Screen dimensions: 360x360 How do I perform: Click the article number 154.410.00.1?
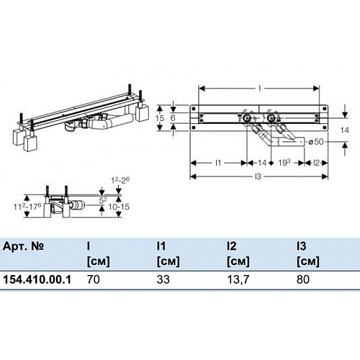(x=37, y=279)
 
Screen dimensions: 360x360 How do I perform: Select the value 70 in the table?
(x=94, y=279)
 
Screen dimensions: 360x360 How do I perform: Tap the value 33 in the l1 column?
(x=163, y=279)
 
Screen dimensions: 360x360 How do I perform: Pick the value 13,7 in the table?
(x=238, y=279)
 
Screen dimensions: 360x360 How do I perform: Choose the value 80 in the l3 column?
(x=303, y=279)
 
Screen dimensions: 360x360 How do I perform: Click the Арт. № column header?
(x=23, y=246)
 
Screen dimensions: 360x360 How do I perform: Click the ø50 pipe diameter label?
(x=316, y=142)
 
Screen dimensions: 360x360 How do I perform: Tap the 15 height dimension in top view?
(x=160, y=118)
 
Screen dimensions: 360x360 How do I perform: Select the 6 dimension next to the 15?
(x=173, y=118)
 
